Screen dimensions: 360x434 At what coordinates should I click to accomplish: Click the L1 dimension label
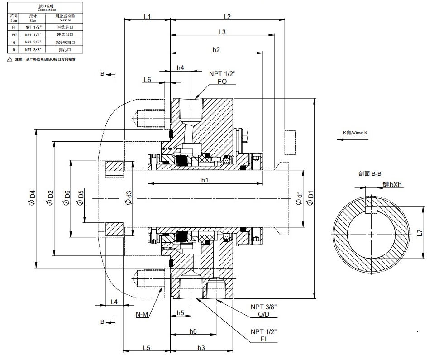147,17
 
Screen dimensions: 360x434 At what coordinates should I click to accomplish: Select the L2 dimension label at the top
228,17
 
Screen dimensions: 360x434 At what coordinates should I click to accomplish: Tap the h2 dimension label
216,49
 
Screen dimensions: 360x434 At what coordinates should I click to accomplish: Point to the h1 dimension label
205,180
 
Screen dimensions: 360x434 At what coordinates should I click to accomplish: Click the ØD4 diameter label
32,197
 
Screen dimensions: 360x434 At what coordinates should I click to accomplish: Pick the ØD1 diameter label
310,197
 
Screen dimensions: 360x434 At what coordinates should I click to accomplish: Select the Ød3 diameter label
129,197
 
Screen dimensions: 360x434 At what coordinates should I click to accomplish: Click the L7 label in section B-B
420,233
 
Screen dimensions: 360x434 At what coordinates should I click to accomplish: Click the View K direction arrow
353,139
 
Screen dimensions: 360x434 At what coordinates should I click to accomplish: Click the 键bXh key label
393,185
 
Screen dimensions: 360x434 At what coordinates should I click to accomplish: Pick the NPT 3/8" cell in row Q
33,42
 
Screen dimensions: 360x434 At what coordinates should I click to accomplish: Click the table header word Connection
47,9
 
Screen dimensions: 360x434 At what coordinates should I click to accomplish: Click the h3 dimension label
201,348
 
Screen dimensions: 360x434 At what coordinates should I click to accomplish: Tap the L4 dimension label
114,302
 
